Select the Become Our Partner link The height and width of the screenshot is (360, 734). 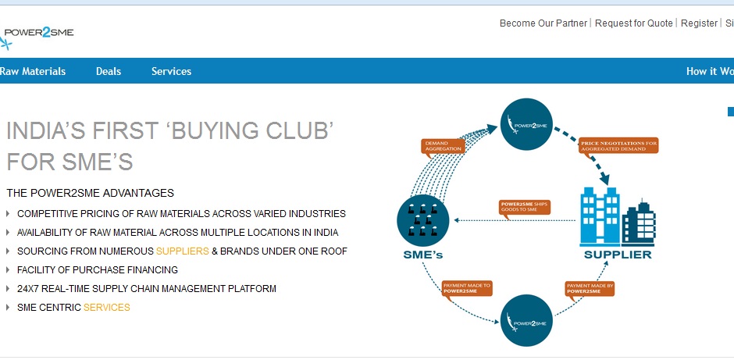[x=543, y=23]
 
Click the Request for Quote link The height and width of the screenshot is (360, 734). [x=633, y=23]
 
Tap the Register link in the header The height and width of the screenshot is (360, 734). [x=699, y=23]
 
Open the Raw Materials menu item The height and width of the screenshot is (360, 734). [x=33, y=71]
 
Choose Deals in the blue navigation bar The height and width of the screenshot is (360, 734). [x=109, y=71]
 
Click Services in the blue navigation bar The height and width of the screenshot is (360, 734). [x=171, y=71]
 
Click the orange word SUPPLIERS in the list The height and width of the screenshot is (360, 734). [x=182, y=251]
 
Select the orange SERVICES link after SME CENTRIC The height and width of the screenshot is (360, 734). [x=107, y=308]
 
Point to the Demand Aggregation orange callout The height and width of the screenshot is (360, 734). [x=444, y=145]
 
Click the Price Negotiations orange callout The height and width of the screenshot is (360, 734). [x=618, y=145]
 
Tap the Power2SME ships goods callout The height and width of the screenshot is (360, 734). [x=525, y=207]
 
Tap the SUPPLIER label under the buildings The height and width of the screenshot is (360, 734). [x=618, y=255]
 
